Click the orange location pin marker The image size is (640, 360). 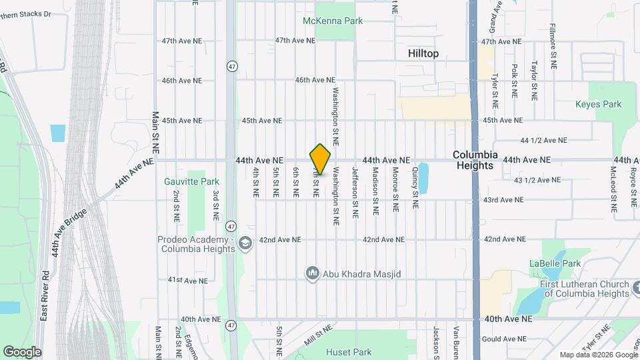(x=321, y=159)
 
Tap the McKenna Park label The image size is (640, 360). (x=333, y=21)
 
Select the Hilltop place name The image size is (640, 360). (x=423, y=53)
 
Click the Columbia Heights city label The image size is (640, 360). (x=475, y=159)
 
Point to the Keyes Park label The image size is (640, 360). (x=598, y=104)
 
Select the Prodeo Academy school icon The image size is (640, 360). (x=245, y=243)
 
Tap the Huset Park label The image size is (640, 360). (x=349, y=351)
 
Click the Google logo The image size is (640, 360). (x=22, y=351)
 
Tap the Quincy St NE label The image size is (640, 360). (x=415, y=189)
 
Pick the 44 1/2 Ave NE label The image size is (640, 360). (x=544, y=140)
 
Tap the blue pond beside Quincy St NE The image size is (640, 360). (x=423, y=178)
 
